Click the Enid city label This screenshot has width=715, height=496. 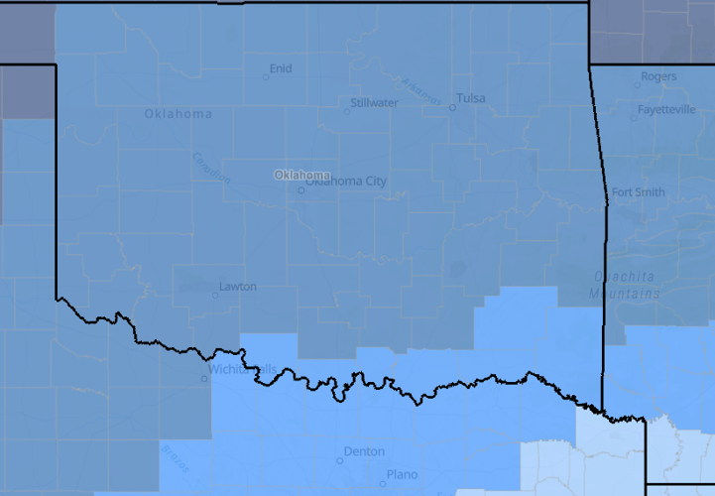coord(281,68)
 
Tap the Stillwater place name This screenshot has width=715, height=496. coord(375,102)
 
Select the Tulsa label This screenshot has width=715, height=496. coord(472,98)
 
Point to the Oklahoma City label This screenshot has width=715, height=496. coord(346,181)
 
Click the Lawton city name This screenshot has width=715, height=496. coord(238,287)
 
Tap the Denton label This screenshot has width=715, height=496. coord(363,451)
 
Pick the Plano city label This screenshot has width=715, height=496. coord(402,474)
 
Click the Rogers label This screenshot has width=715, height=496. coord(658,76)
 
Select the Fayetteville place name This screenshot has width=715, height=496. coord(666,109)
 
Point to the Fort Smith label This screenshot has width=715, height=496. coord(638,192)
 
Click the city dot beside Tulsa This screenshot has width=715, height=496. coord(452,107)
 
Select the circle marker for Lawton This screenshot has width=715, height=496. coord(215,295)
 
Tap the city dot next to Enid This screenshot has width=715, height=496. coord(265,77)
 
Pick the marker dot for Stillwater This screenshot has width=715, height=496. coord(346,111)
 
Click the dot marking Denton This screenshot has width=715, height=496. coord(339,460)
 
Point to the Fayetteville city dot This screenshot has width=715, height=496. coord(634,118)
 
